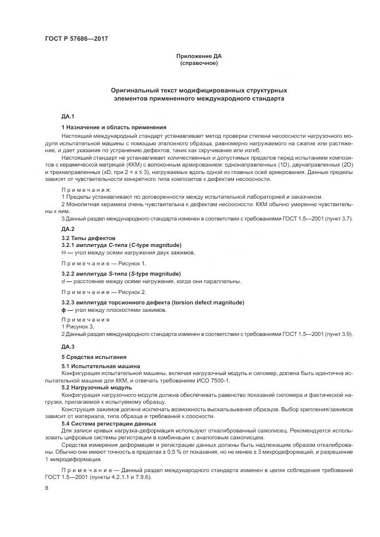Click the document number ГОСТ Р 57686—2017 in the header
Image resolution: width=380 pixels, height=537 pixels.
pos(76,39)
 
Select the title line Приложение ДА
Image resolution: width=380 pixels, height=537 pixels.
pos(198,56)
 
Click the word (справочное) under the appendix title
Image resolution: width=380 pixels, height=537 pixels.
pos(198,63)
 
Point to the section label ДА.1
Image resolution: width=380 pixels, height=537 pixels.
pos(68,117)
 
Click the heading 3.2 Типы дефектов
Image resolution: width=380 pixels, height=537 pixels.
pos(89,238)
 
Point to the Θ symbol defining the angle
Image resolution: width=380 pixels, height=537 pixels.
pos(63,252)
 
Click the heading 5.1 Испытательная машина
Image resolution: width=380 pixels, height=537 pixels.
pos(101,366)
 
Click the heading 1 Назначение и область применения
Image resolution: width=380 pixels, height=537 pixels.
pos(114,127)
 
